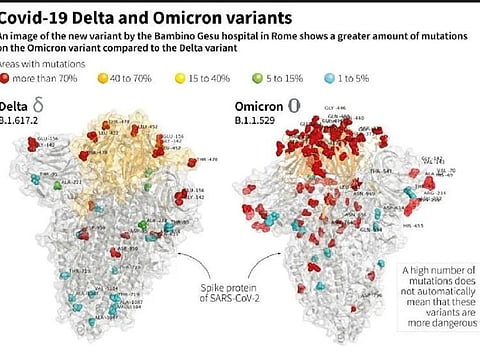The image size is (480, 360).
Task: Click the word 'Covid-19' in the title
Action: [x=35, y=17]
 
